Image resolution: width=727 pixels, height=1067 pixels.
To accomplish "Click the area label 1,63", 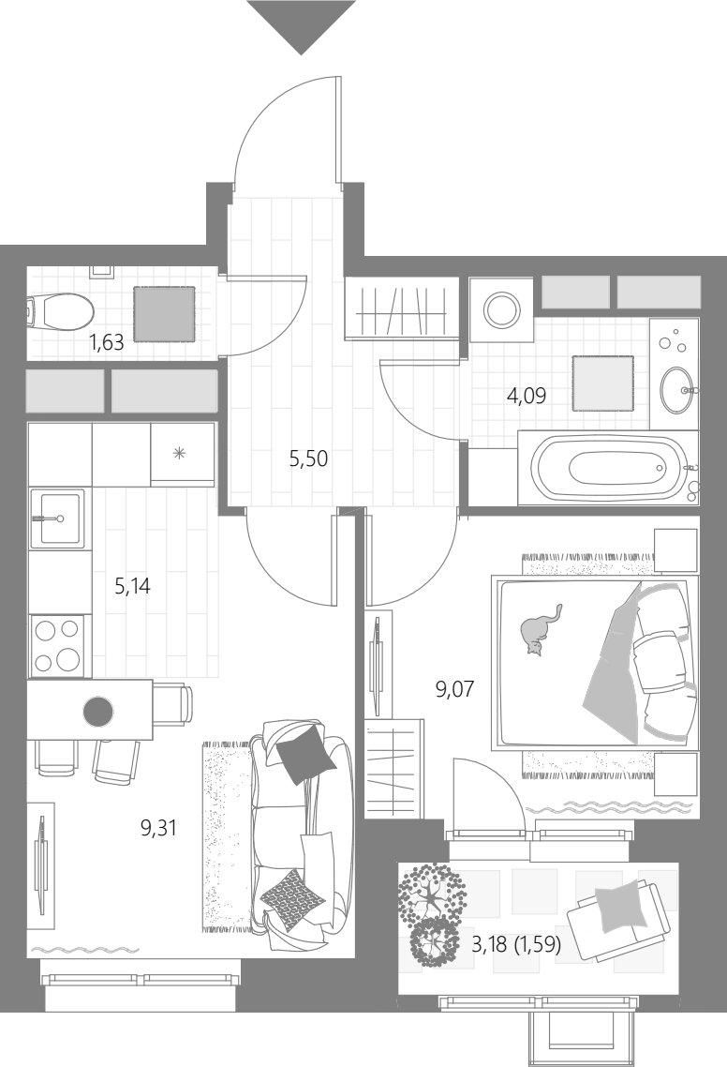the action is coord(107,342).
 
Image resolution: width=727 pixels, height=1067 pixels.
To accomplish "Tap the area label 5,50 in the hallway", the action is coord(308,458).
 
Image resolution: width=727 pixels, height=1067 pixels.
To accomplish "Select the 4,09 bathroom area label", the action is coord(527,396).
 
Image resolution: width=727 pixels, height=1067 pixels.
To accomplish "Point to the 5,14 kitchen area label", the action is coord(132,585).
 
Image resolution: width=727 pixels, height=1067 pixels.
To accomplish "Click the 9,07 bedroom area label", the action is coord(454,689).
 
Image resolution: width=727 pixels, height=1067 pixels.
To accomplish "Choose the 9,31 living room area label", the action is coord(158,828).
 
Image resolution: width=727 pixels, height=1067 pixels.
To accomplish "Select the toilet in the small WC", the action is coord(60,313).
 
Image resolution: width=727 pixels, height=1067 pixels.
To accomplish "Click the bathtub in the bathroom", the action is coord(608,468).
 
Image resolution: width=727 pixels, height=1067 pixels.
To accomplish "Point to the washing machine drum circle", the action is coord(502,310).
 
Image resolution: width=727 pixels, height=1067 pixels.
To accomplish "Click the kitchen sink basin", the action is coord(61,518).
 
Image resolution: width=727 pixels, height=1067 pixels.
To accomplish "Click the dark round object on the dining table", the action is coord(98,712).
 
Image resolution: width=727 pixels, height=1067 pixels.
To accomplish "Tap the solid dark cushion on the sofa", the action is coord(306,754).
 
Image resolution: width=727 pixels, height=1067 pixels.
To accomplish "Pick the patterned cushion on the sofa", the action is coord(290,900).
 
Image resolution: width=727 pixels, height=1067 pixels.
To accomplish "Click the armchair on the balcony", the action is coord(617,915).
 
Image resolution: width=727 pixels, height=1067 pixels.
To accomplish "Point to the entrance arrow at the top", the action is coord(301,27).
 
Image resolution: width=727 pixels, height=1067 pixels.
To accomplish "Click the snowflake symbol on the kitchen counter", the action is coord(179,453).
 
